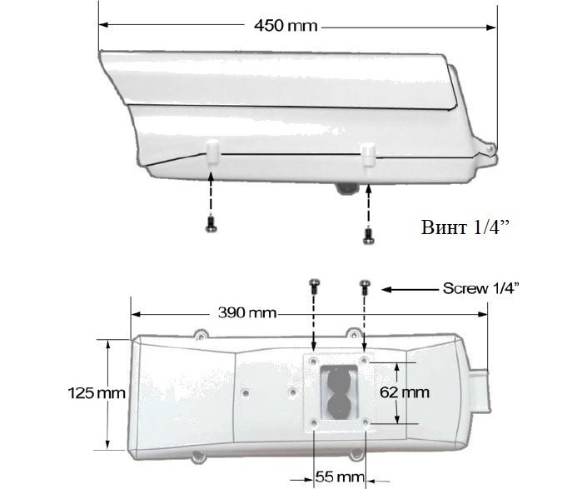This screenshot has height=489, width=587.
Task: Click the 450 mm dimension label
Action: click(x=286, y=26)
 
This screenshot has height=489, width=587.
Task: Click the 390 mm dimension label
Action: click(x=247, y=312)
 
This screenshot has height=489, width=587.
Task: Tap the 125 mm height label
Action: click(x=97, y=393)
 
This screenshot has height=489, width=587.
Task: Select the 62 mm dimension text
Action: click(x=405, y=392)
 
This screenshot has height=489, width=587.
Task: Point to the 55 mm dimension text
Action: click(x=340, y=477)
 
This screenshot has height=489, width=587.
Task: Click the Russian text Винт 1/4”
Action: click(x=465, y=227)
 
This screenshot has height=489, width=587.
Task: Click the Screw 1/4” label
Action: click(x=481, y=288)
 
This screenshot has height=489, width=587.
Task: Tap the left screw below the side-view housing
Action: click(x=211, y=224)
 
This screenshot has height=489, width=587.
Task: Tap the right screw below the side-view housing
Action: click(x=369, y=236)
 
